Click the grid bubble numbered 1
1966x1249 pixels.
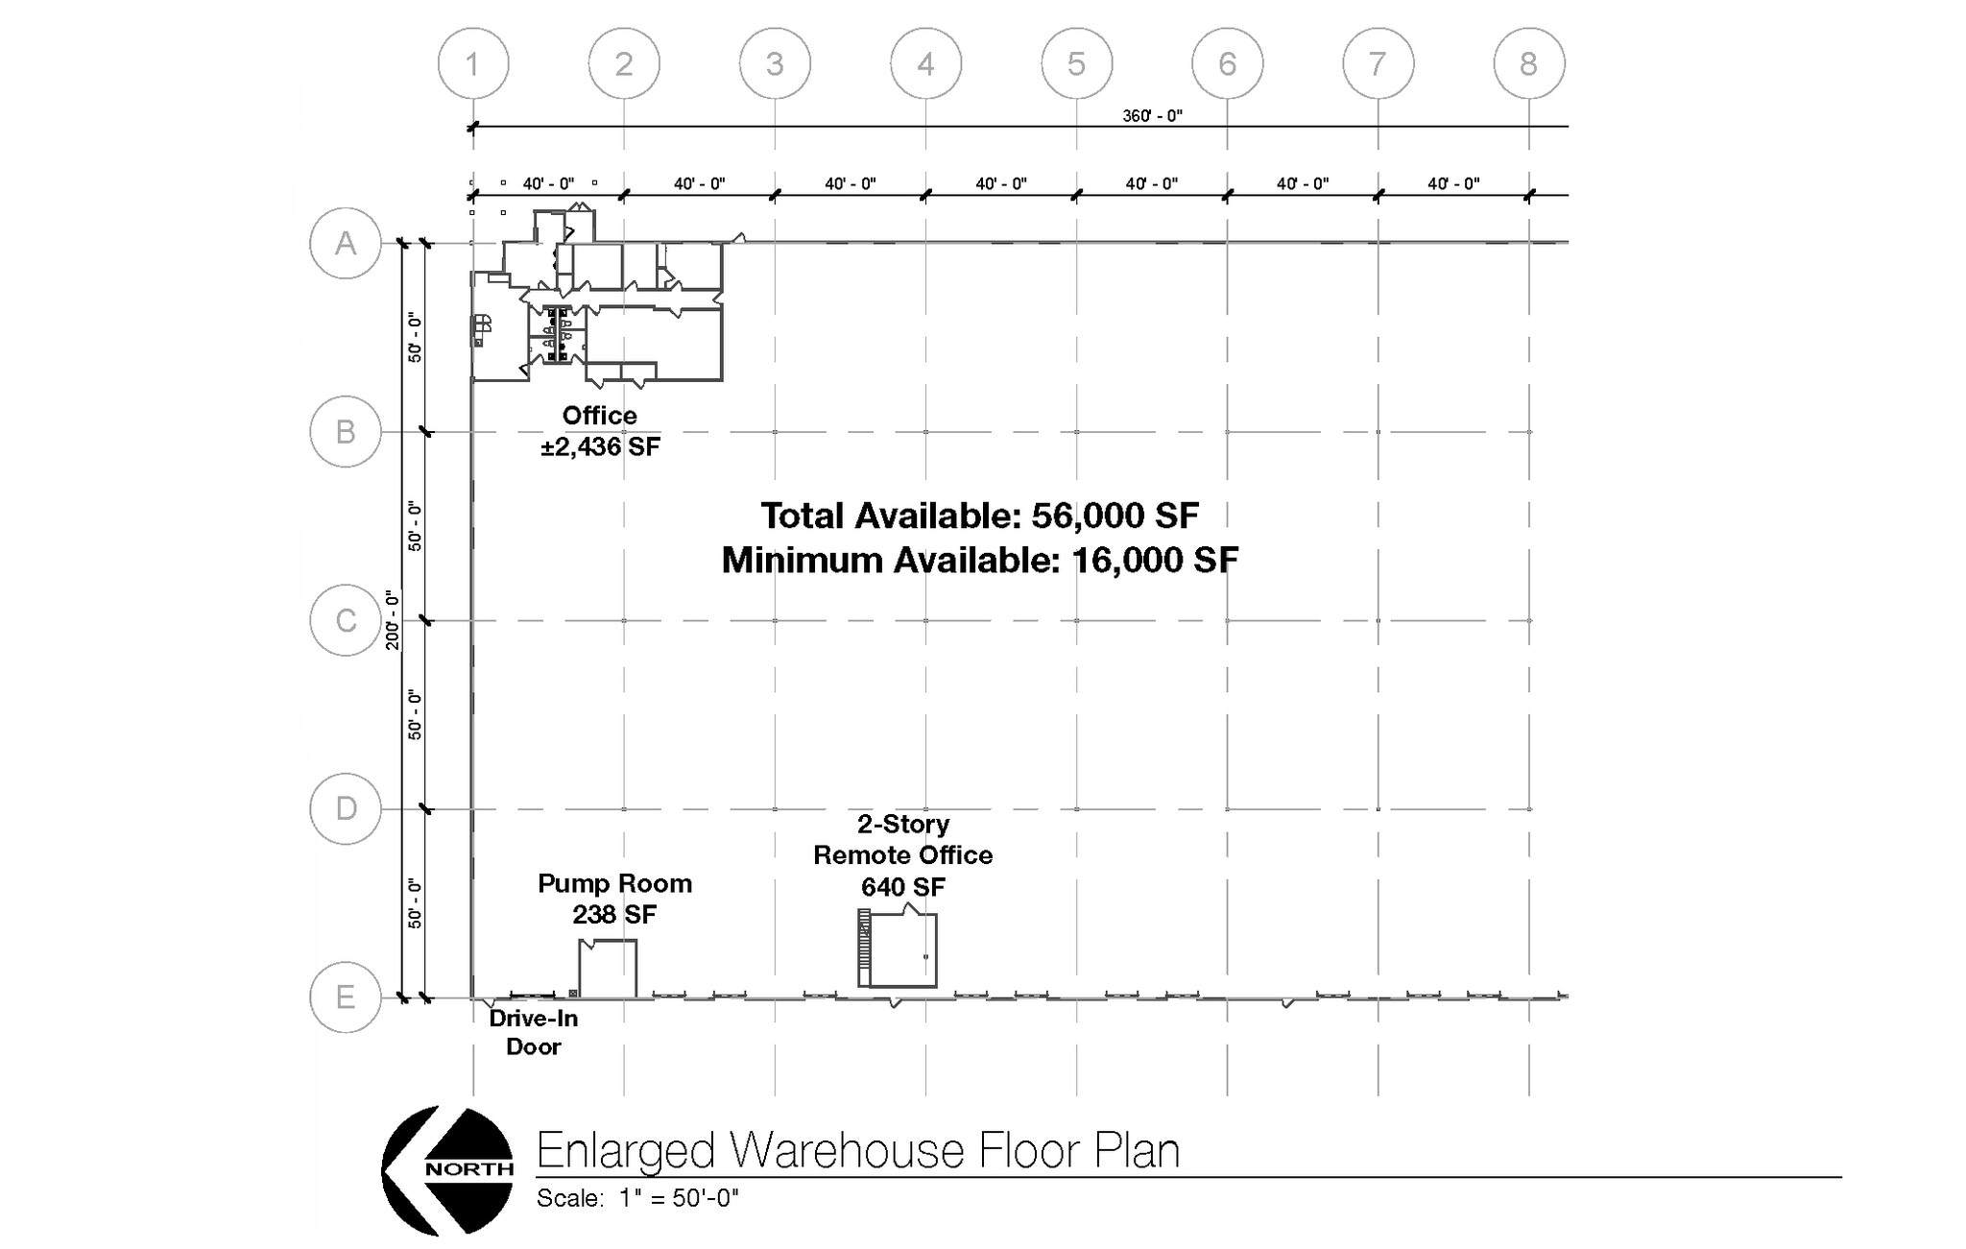click(473, 63)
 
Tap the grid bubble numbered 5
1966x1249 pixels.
click(1076, 63)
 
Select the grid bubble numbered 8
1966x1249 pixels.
click(1528, 63)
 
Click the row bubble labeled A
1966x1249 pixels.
click(346, 243)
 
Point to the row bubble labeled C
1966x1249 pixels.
click(346, 620)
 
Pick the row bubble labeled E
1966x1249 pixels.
click(346, 997)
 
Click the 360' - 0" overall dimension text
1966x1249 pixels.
click(1152, 116)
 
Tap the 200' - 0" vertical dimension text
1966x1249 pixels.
click(393, 620)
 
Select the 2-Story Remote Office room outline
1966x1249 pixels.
click(902, 950)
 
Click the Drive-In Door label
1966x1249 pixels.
click(533, 1032)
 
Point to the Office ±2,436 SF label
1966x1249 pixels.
click(600, 431)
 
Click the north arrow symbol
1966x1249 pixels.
click(447, 1170)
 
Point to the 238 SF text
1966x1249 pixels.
click(614, 915)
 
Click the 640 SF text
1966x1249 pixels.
click(902, 887)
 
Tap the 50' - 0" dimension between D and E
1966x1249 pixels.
click(415, 903)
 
